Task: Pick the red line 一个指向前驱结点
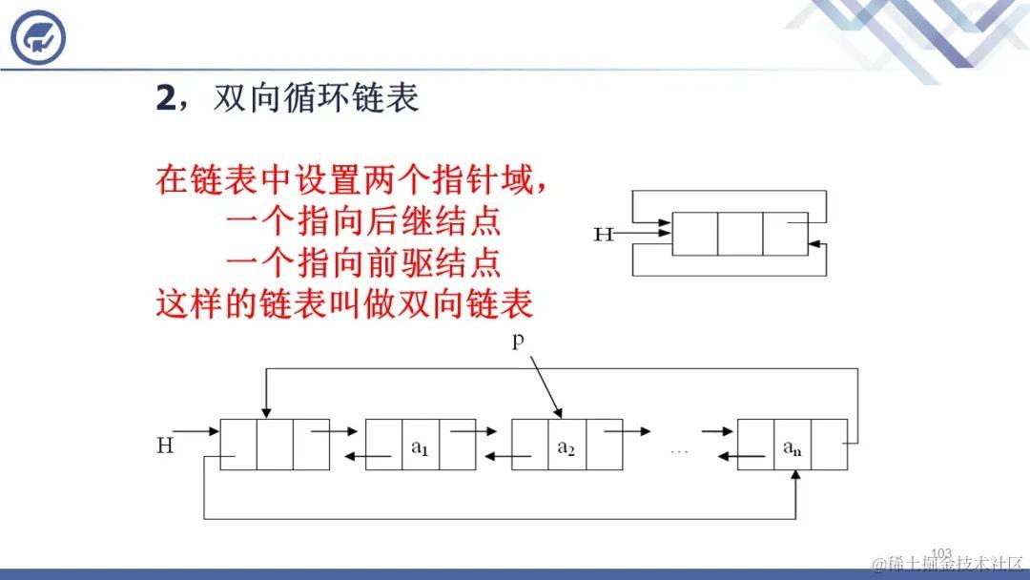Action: [x=363, y=262]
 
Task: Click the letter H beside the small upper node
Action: [x=603, y=234]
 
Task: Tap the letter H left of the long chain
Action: [x=165, y=445]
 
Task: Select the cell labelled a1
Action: [x=421, y=445]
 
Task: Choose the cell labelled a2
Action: [x=566, y=445]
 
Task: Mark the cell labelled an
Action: [x=793, y=445]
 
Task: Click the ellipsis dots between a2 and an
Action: [x=679, y=449]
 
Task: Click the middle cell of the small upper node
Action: [x=740, y=234]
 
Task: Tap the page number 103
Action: [x=941, y=553]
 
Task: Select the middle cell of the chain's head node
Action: [x=275, y=445]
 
